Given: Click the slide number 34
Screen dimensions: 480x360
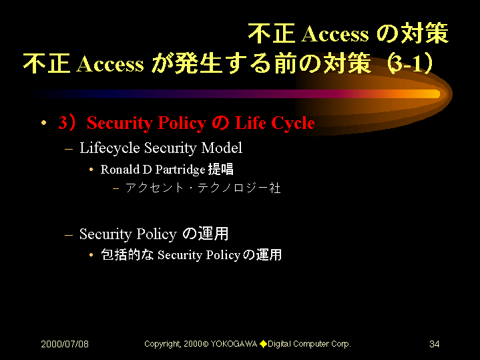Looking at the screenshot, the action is click(435, 344).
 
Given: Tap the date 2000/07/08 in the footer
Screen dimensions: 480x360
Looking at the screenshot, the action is click(65, 344).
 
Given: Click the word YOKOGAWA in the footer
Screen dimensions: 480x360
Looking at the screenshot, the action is click(234, 344).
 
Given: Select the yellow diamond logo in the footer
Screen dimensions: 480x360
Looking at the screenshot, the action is click(263, 344).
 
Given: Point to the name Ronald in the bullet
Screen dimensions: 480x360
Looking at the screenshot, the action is click(120, 170).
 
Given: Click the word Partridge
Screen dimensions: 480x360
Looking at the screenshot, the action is click(180, 170).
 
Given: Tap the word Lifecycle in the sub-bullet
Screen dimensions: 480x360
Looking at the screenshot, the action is click(109, 148).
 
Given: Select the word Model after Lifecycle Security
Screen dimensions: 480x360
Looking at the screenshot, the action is click(222, 148).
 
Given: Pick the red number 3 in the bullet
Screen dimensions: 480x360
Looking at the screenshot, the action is click(63, 122).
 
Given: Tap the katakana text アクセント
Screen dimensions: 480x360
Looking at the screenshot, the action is click(155, 188).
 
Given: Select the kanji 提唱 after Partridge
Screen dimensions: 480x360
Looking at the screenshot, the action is click(221, 169).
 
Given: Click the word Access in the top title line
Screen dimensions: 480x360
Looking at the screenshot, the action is click(335, 33).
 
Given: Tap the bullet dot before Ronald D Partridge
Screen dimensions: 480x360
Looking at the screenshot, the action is click(91, 170).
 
